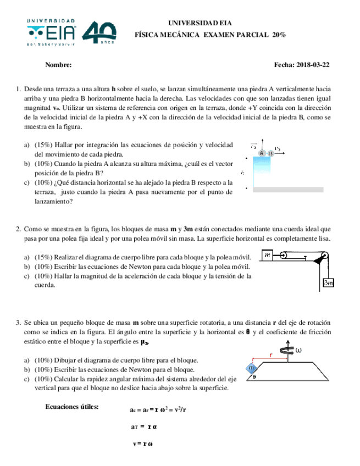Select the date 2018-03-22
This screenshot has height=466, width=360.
click(311, 65)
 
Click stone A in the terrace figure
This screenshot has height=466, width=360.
click(262, 153)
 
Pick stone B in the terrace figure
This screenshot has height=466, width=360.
click(270, 153)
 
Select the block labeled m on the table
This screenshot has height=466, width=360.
click(268, 255)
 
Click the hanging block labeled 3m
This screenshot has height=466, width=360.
click(329, 282)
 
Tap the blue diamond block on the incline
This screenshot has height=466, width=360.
click(252, 368)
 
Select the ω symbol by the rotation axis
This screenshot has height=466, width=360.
click(299, 350)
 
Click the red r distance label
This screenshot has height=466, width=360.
click(270, 356)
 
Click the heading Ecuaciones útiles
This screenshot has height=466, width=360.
click(71, 407)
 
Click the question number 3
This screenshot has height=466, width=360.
click(18, 322)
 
